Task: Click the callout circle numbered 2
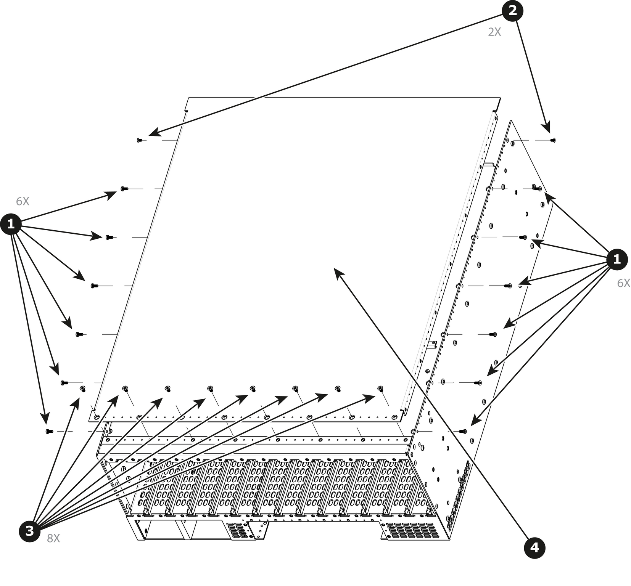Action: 512,11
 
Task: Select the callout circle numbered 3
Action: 30,531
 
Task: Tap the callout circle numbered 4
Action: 534,548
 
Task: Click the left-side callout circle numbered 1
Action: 11,224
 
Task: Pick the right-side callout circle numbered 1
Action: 617,260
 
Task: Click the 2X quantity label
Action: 494,32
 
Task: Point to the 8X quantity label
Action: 53,538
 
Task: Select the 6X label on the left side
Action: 23,201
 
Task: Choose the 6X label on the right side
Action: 624,283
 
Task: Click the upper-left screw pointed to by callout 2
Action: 139,140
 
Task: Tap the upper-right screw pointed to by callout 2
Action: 553,140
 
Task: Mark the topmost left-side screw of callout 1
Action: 124,189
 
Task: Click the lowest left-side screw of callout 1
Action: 49,431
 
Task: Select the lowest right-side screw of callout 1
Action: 463,431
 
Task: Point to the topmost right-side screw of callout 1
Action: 538,189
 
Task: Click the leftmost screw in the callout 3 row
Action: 82,389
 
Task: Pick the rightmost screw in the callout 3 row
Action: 380,389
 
